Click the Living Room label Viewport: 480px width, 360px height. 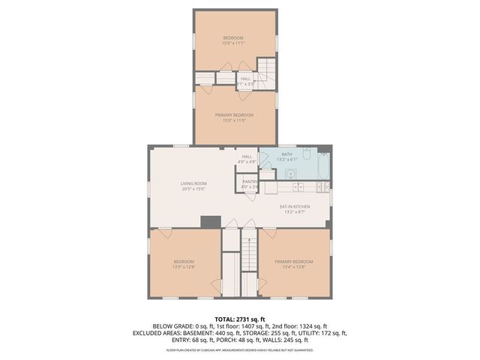[x=193, y=184]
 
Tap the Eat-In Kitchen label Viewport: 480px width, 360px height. [x=295, y=206]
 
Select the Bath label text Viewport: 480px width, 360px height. [x=287, y=154]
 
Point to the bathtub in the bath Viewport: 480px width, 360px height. [x=322, y=166]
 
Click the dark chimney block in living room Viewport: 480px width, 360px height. [x=211, y=221]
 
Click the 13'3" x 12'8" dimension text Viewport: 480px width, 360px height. [x=184, y=266]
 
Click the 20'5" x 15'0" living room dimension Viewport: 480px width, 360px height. [x=193, y=189]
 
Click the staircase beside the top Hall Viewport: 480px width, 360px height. [x=267, y=73]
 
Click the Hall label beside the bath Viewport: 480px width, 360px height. [x=247, y=157]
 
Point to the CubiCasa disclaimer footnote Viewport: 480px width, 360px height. [x=240, y=349]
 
